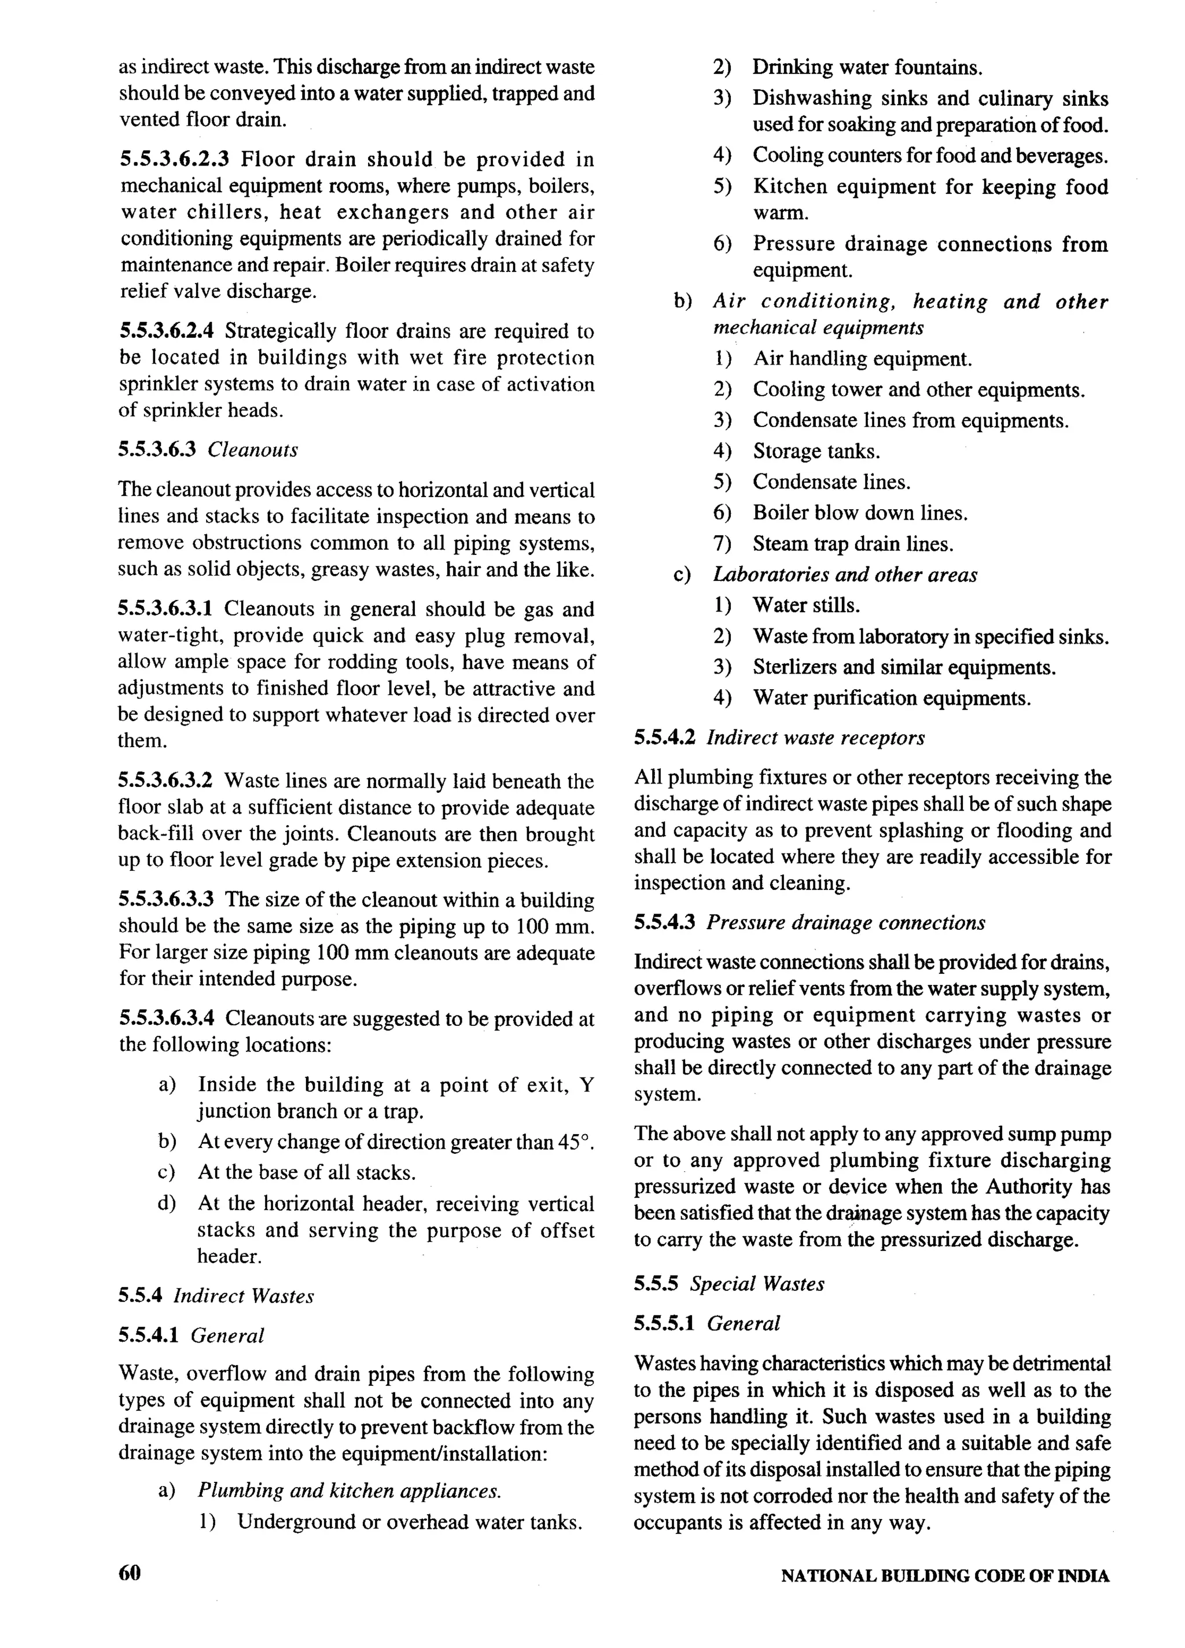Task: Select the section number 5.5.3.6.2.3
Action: pyautogui.click(x=174, y=159)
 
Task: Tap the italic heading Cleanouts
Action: pyautogui.click(x=253, y=450)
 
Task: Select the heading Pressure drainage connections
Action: pyautogui.click(x=846, y=922)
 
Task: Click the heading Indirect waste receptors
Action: pyautogui.click(x=815, y=738)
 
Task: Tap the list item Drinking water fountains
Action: pyautogui.click(x=867, y=68)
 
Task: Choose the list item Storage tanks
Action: pyautogui.click(x=816, y=451)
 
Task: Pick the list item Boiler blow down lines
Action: pyautogui.click(x=859, y=513)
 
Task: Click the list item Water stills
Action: pyautogui.click(x=806, y=605)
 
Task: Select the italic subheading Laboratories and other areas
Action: pyautogui.click(x=844, y=575)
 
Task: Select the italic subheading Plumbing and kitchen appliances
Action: pyautogui.click(x=349, y=1491)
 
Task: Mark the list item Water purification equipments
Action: pyautogui.click(x=892, y=698)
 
